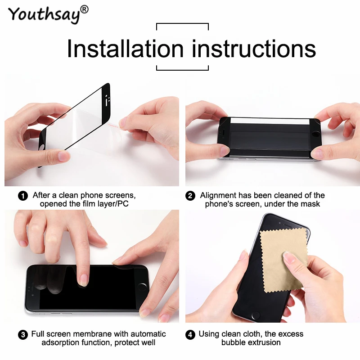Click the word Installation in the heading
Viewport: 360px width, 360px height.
point(125,49)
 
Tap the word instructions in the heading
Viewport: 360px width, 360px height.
point(254,49)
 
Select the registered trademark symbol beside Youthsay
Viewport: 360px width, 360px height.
point(85,9)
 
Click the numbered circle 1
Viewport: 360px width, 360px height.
point(22,196)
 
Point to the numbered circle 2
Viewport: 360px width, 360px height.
point(190,196)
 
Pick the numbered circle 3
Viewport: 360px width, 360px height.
point(22,335)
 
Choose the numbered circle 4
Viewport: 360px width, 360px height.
point(190,335)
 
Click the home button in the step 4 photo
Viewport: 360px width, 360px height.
point(257,315)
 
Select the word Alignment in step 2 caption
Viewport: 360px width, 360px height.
point(219,195)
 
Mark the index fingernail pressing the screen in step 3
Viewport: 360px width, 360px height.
point(83,280)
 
